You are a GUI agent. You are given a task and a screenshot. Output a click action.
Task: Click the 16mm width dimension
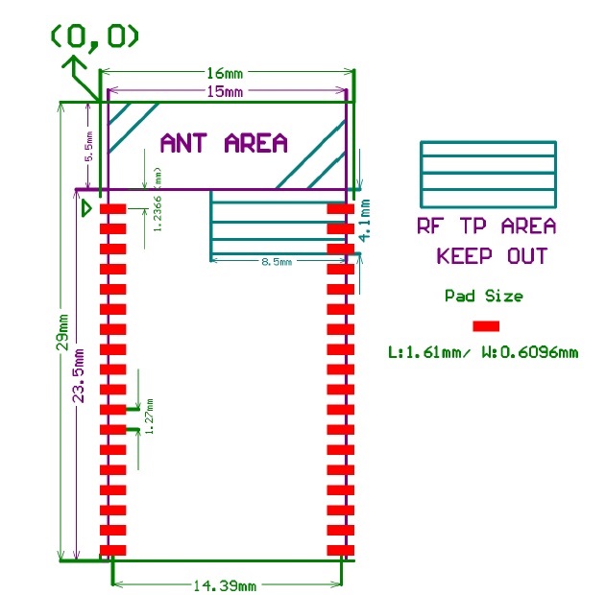(229, 73)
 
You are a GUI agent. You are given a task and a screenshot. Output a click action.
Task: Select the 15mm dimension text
(225, 91)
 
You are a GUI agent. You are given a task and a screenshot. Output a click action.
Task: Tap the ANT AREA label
(224, 144)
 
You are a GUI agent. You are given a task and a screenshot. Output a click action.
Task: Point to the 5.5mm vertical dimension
(88, 147)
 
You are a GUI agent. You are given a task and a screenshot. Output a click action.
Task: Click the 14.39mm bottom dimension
(227, 585)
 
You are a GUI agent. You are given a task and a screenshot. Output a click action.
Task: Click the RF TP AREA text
(486, 226)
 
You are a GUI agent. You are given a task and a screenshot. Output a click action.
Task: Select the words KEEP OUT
(492, 256)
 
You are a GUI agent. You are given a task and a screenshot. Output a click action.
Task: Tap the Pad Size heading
(483, 296)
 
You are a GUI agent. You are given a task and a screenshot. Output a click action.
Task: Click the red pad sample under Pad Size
(486, 325)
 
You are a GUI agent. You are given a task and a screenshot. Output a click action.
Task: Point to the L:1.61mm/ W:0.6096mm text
(483, 352)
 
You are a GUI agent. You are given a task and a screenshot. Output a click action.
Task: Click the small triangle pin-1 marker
(86, 206)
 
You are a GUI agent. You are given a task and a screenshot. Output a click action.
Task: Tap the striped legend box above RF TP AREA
(488, 175)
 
